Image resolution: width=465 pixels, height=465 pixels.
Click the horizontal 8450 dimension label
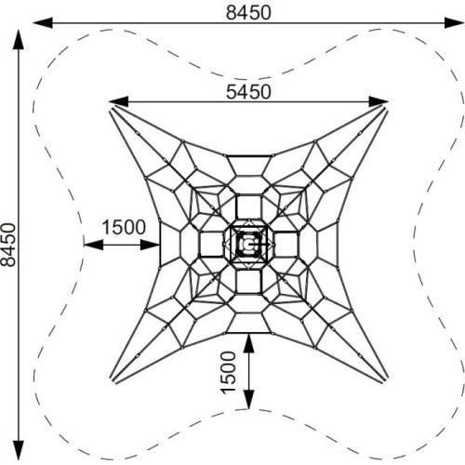click(x=248, y=13)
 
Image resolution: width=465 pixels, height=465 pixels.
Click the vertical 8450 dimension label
click(x=8, y=245)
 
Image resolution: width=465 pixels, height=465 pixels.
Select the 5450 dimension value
click(x=248, y=92)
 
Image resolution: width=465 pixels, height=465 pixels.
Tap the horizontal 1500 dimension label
click(x=124, y=227)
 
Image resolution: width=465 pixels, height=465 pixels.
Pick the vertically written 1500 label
click(x=229, y=372)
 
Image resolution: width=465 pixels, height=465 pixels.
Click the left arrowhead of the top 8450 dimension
click(x=43, y=23)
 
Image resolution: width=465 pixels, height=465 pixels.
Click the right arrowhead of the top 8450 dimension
click(x=454, y=23)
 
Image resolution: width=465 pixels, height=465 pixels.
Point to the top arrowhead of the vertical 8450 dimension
click(x=19, y=39)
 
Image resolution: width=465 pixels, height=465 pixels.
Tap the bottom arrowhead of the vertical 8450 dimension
click(x=19, y=450)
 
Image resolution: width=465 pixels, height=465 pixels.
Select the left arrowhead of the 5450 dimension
click(x=118, y=101)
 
